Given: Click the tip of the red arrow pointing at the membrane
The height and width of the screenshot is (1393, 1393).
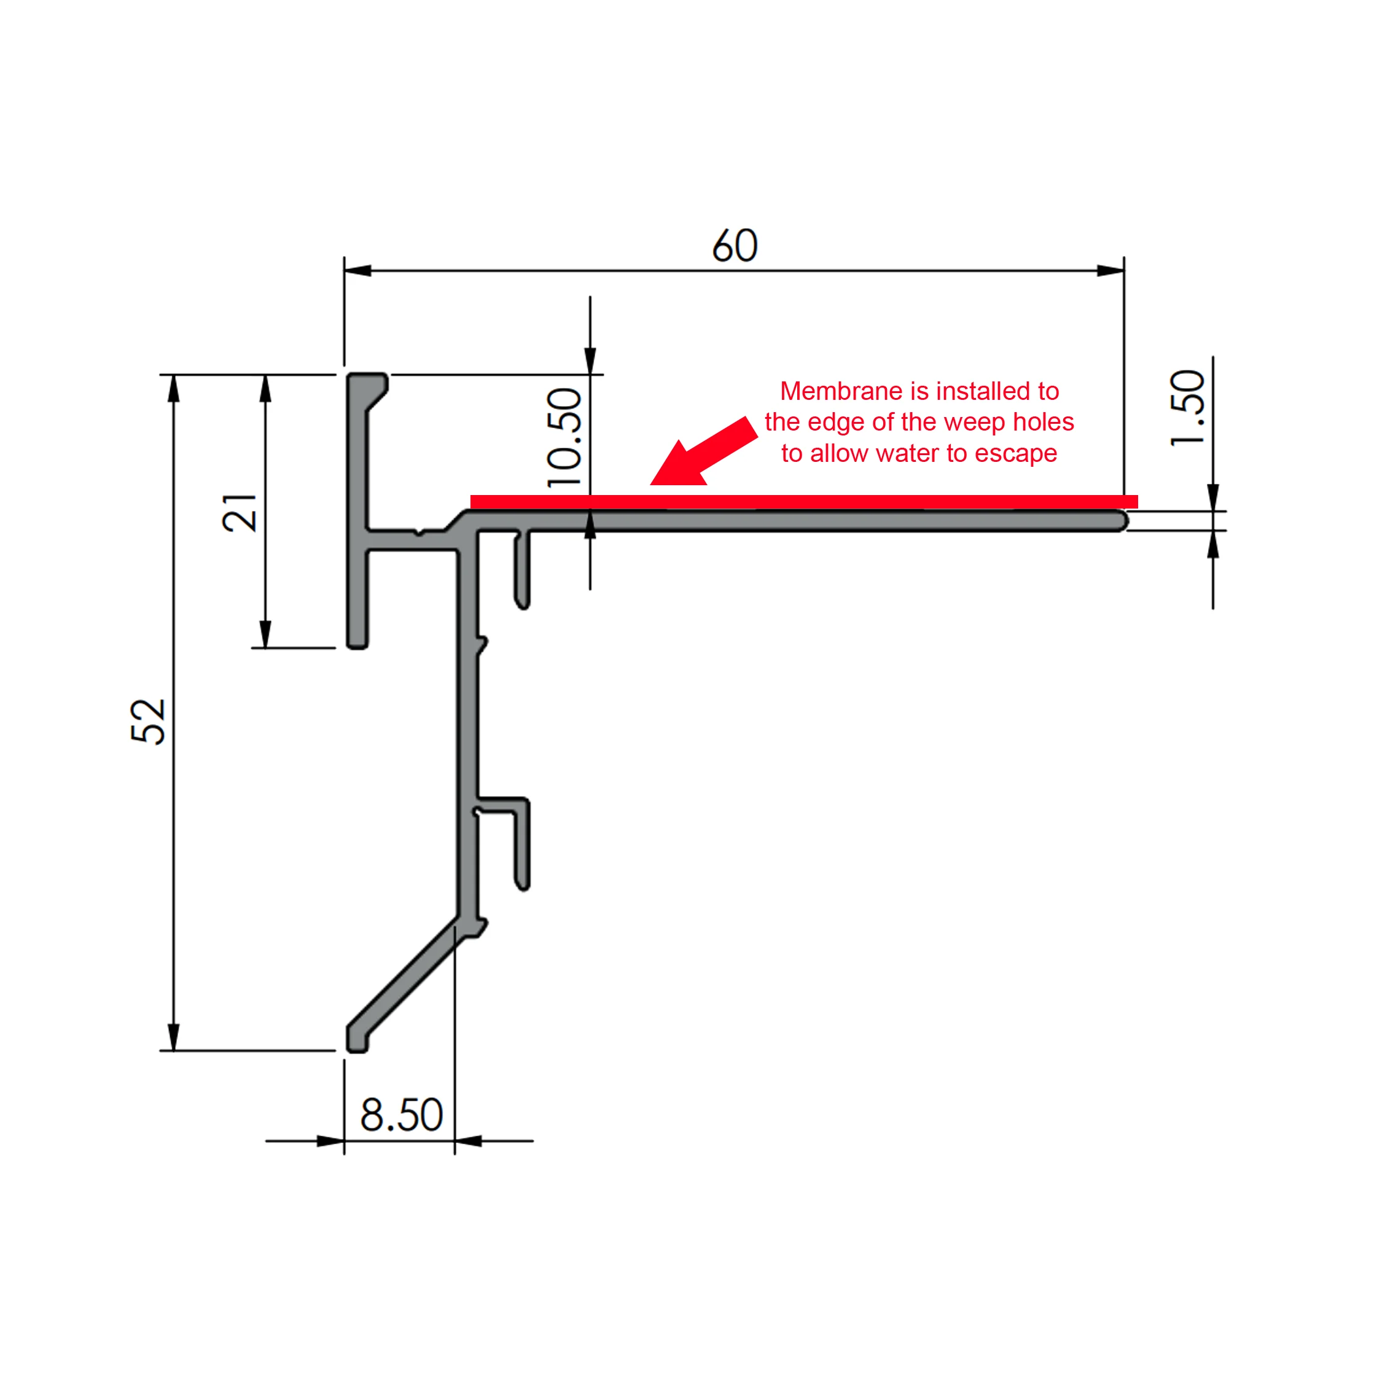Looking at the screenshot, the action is click(651, 485).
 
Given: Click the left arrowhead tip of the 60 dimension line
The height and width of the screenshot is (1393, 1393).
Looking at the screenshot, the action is click(345, 271).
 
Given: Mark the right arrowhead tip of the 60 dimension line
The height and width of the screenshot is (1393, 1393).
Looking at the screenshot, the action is click(1124, 271).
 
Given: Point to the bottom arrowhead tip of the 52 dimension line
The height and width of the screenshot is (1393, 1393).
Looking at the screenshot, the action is click(174, 1050).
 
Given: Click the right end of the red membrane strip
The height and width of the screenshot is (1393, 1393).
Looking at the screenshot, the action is click(1137, 502).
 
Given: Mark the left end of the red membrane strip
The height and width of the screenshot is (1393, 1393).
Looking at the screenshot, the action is click(471, 502).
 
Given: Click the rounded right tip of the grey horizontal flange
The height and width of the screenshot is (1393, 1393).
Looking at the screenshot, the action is click(1128, 521).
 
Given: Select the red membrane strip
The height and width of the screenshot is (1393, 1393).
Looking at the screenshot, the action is click(804, 502).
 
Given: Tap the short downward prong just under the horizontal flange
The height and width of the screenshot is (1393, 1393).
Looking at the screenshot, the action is click(522, 569).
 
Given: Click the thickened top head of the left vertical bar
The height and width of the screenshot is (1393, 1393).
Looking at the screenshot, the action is click(368, 389).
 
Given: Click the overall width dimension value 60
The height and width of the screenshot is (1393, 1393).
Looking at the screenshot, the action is click(735, 245).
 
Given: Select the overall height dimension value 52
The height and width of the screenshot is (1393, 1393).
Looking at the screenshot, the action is click(149, 721).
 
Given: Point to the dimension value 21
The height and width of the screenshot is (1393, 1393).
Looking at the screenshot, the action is click(240, 513).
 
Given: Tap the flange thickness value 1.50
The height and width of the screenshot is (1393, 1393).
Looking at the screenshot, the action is click(1187, 408).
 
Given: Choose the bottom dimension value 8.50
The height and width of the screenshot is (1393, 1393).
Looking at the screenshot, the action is click(402, 1115).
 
